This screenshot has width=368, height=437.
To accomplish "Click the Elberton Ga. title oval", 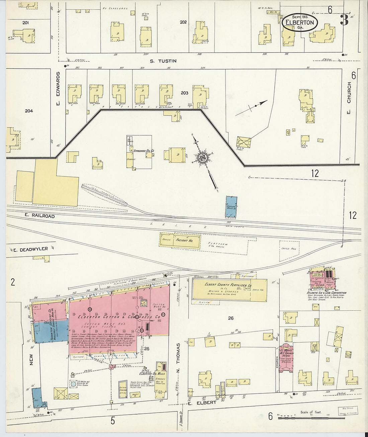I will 299,22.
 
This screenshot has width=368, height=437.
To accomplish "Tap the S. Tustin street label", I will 163,61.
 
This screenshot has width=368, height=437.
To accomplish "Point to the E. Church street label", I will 349,97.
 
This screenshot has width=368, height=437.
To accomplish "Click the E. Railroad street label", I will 39,216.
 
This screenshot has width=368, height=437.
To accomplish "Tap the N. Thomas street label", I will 178,353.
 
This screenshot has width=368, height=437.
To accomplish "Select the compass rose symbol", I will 203,157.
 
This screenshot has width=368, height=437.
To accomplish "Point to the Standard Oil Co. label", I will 144,151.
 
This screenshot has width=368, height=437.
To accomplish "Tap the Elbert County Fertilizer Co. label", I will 226,285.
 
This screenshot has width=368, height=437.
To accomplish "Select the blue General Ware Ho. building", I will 231,206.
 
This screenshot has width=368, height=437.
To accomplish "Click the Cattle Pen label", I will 285,249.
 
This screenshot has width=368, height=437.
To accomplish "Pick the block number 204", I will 29,111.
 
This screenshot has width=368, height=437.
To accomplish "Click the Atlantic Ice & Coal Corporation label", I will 327,293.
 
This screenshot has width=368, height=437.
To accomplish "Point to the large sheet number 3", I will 344,20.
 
